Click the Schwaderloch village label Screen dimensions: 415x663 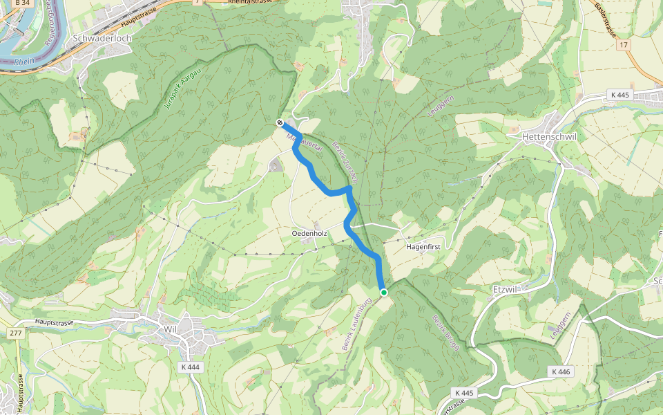pos(102,39)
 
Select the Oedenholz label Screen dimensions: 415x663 pos(309,234)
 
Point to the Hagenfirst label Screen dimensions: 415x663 pos(423,246)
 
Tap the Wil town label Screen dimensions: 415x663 pos(171,329)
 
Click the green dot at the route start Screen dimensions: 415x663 pos(384,293)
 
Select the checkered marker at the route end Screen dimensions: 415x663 pos(280,123)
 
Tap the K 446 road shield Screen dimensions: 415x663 pos(561,372)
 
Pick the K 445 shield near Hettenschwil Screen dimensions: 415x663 pos(621,94)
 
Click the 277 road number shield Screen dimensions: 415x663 pos(15,333)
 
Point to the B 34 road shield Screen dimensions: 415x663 pos(21,3)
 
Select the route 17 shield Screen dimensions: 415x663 pos(625,45)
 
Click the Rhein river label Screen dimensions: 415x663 pos(23,62)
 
